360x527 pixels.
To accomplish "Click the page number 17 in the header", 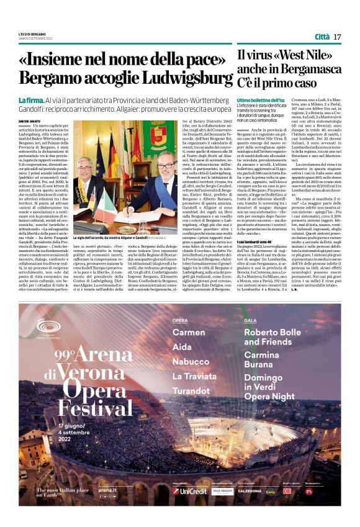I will pos(337,37).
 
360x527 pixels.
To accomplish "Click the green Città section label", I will pos(322,37).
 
